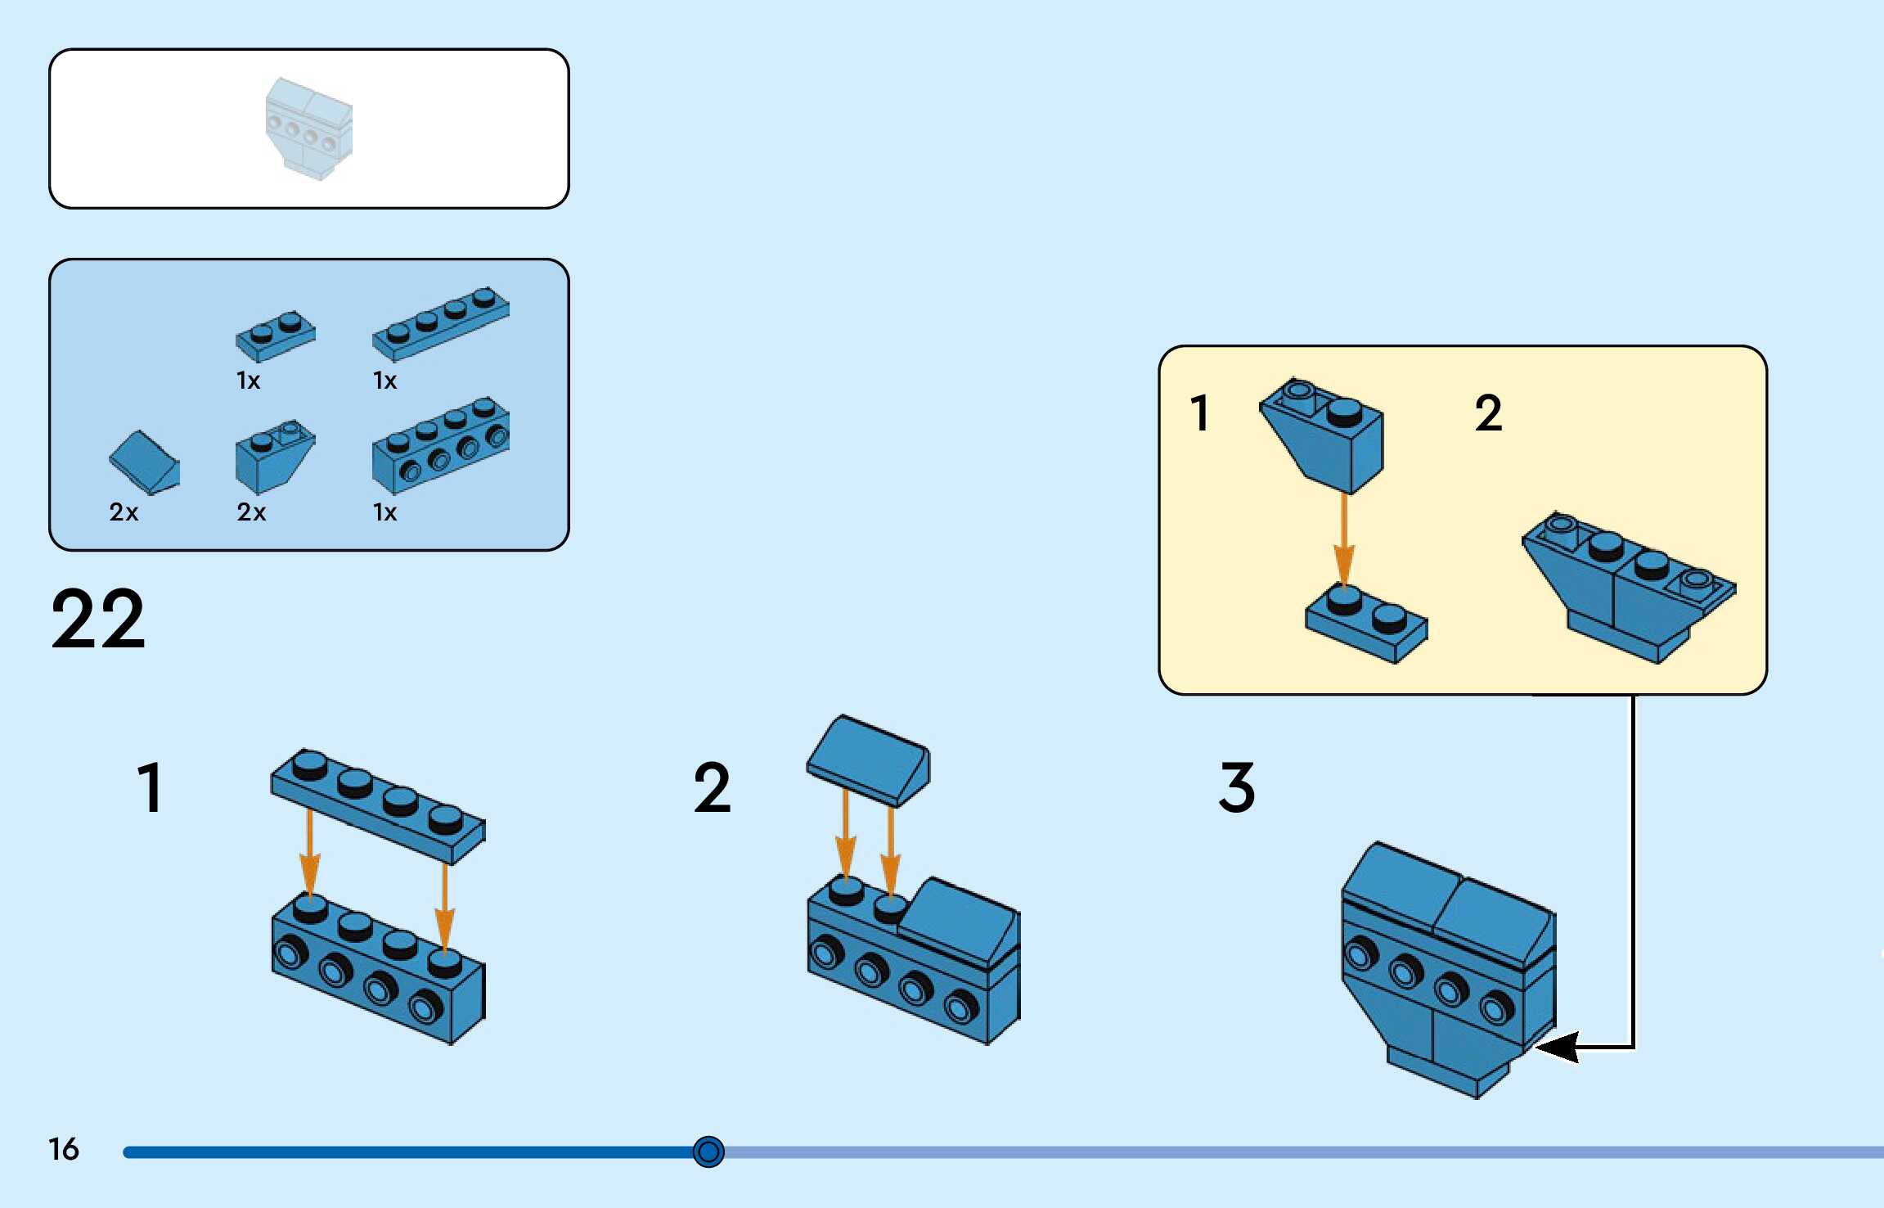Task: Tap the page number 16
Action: pos(63,1149)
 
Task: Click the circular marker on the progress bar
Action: pos(708,1152)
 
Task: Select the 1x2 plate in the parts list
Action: pos(276,336)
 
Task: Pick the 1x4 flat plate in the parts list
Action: pos(440,324)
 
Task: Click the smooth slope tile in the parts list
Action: pos(145,462)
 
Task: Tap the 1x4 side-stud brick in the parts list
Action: pos(440,446)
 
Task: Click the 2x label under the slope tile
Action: pos(124,512)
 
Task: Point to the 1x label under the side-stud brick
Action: pos(384,512)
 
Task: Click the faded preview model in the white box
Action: pos(309,128)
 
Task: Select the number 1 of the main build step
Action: pos(151,787)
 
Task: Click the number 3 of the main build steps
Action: pos(1236,787)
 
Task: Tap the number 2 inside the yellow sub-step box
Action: pos(1488,413)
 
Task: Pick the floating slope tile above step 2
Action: pos(868,760)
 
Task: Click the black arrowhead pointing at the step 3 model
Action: pos(1559,1047)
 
